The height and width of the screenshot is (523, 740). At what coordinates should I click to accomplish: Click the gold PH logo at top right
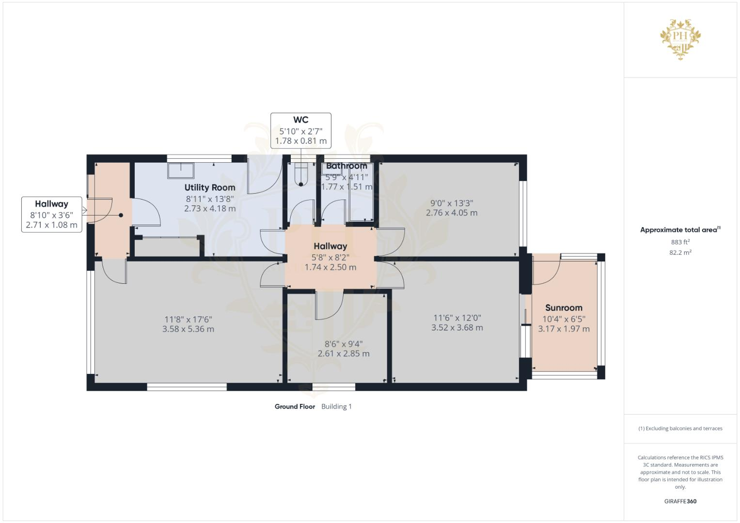coord(680,39)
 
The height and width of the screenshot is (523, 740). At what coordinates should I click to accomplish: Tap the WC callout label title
coord(300,120)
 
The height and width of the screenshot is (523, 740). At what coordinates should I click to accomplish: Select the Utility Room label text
coord(210,187)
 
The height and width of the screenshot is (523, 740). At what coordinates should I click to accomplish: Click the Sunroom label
coord(564,308)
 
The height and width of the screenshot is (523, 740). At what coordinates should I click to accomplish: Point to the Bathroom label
coord(346,166)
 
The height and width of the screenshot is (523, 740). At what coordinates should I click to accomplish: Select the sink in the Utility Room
coord(181,171)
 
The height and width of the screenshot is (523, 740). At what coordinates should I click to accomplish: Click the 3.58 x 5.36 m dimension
coord(188,329)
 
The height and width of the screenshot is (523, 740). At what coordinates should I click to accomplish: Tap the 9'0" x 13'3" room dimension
coord(452,203)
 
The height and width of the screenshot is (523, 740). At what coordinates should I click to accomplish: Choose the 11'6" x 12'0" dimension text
coord(457,318)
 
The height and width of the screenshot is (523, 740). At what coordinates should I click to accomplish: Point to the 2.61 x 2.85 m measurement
coord(344,354)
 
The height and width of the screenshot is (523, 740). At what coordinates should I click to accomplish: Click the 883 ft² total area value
coord(680,242)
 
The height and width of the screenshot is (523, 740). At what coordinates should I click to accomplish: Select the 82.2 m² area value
coord(680,252)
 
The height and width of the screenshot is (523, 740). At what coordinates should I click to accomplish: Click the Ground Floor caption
coord(295,407)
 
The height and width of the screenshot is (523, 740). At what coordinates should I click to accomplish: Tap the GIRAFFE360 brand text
coord(680,501)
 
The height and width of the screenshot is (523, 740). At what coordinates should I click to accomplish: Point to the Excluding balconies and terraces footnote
coord(680,429)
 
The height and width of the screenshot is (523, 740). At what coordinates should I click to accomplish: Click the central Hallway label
coord(330,246)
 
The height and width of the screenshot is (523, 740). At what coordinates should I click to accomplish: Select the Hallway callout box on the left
coord(51,215)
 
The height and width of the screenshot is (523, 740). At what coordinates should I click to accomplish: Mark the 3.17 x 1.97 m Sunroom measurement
coord(564,329)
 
